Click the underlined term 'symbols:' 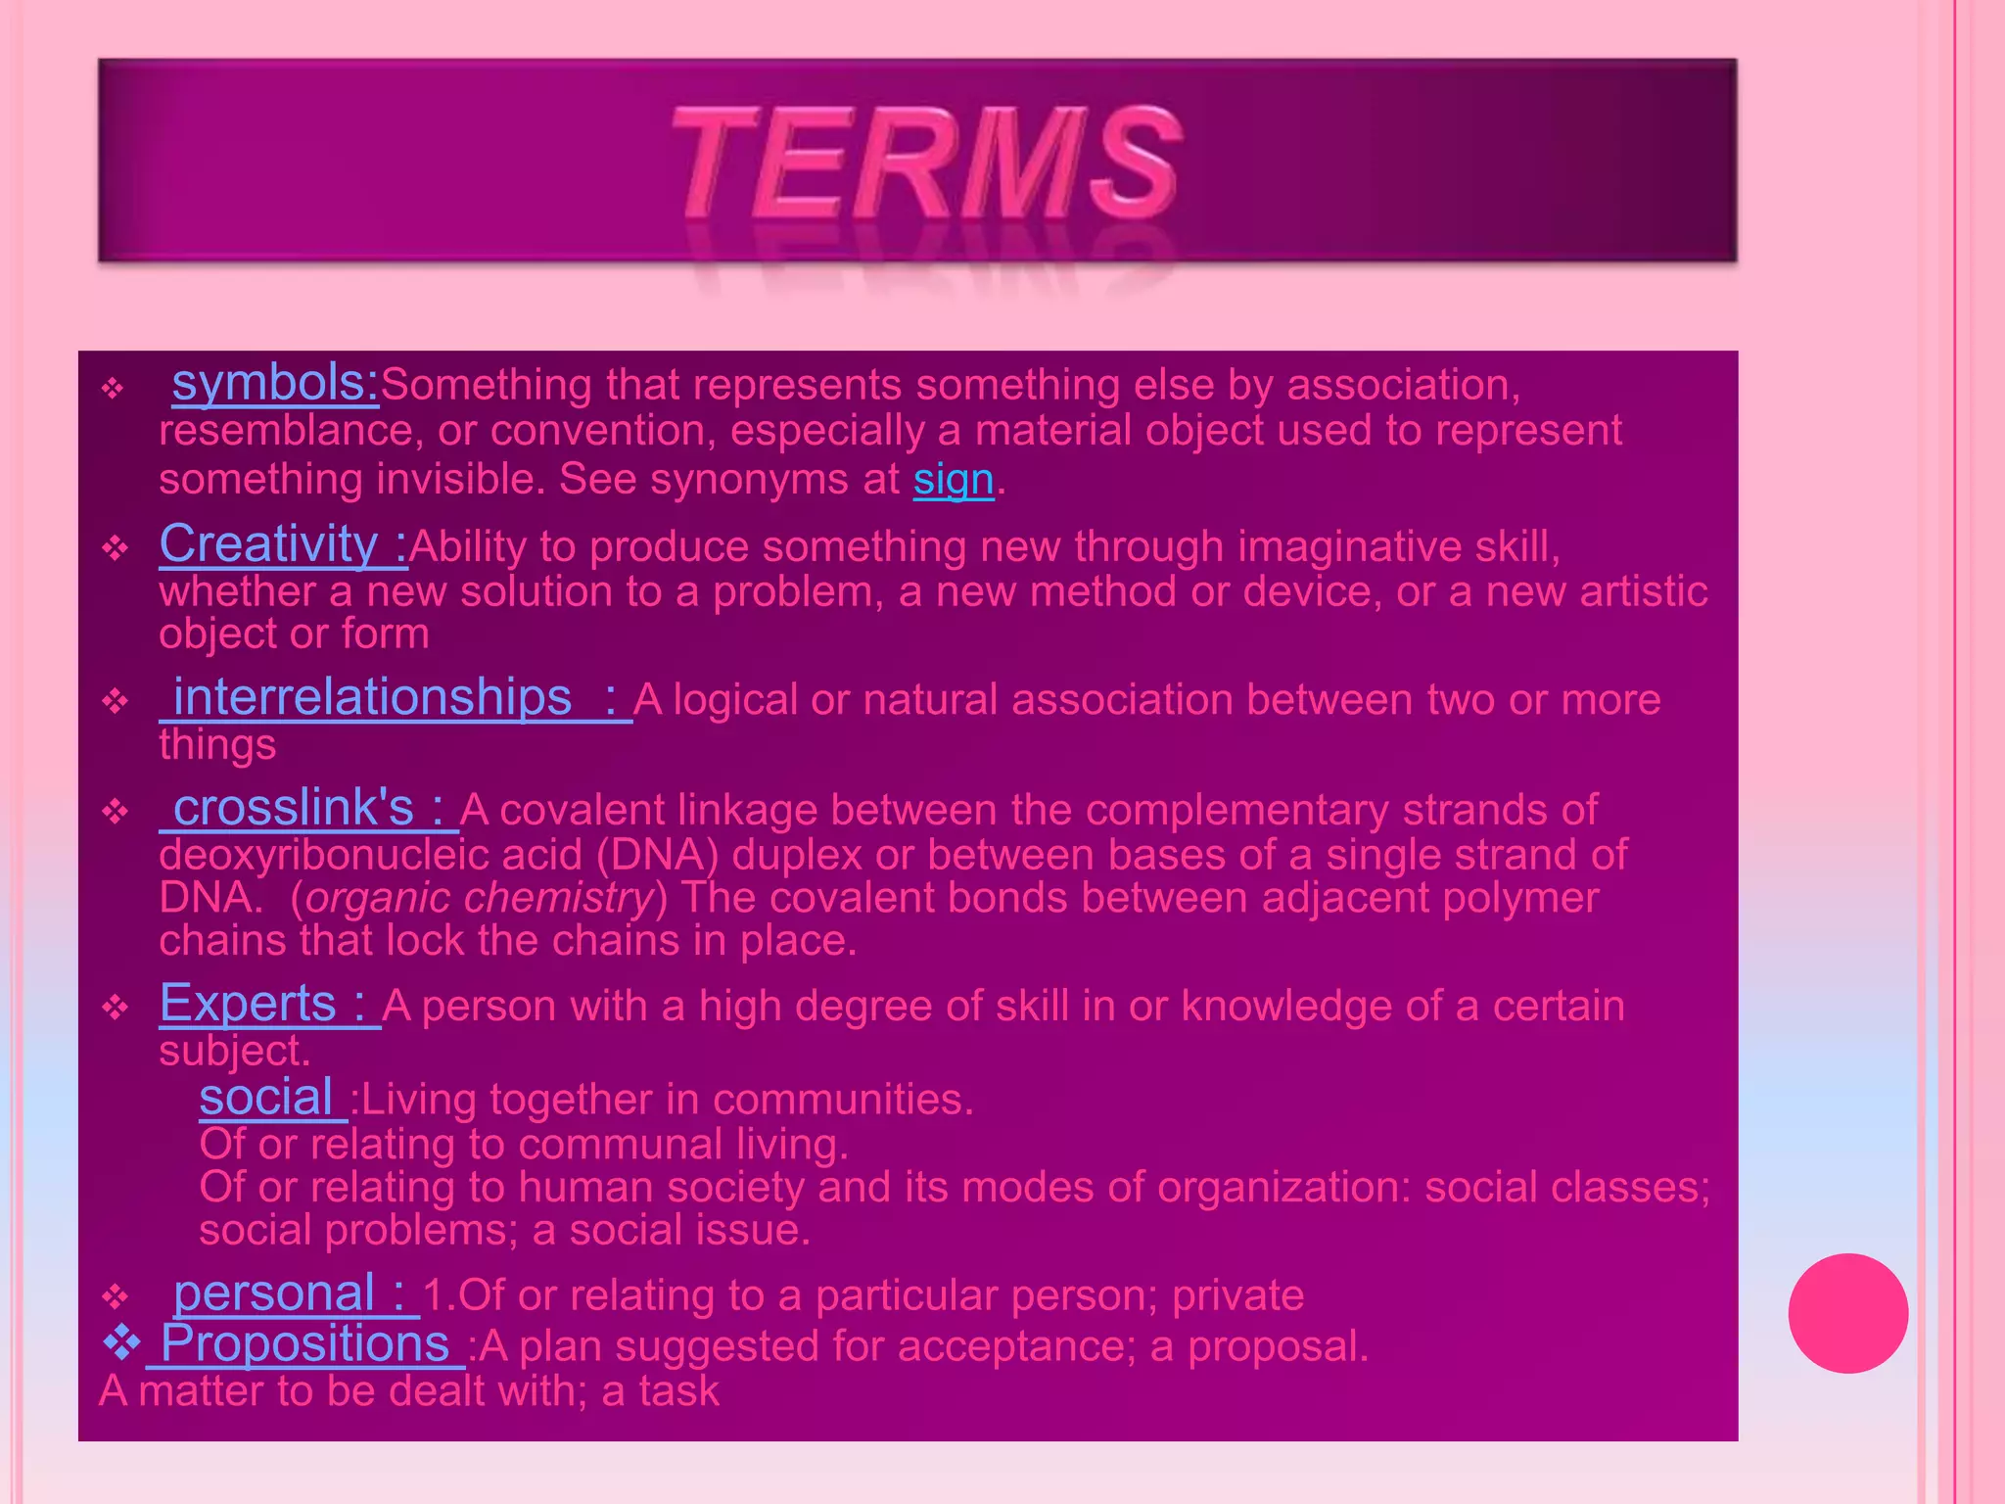click(x=275, y=383)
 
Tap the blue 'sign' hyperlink click(x=954, y=480)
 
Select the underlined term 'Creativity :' click(x=283, y=544)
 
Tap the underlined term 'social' click(x=267, y=1098)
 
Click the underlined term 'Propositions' click(x=304, y=1343)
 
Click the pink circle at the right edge click(x=1847, y=1313)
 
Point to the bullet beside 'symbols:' click(x=114, y=389)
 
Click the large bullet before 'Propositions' click(x=121, y=1343)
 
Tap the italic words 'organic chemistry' click(x=479, y=898)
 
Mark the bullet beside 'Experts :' click(x=116, y=1008)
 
